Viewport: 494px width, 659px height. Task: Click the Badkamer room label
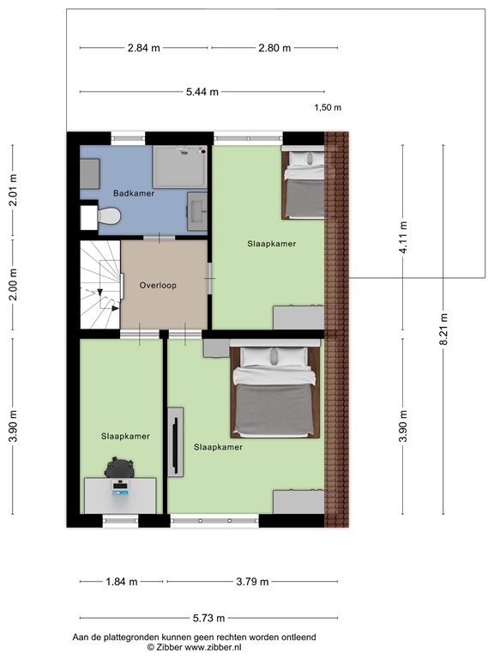[134, 193]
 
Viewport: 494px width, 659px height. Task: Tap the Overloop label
[158, 286]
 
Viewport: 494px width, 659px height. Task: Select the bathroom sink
[197, 211]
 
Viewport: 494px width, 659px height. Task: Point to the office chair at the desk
[119, 468]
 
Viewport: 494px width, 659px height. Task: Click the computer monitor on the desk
[120, 488]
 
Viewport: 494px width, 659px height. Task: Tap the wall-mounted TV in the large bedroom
[176, 442]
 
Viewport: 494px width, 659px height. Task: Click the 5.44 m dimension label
[202, 92]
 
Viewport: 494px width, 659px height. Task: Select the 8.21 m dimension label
[443, 329]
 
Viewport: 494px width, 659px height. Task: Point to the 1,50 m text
[328, 107]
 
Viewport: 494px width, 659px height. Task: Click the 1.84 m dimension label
[122, 582]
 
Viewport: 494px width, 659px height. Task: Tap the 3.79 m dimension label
[252, 582]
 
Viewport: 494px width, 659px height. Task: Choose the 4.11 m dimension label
[403, 238]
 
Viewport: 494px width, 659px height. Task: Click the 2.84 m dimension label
[144, 48]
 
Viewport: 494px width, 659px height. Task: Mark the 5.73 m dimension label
[208, 618]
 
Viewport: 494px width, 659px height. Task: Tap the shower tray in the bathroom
[180, 166]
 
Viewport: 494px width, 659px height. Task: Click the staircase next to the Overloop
[100, 285]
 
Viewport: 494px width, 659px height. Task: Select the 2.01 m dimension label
[14, 190]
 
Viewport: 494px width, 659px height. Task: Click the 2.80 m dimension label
[274, 48]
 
